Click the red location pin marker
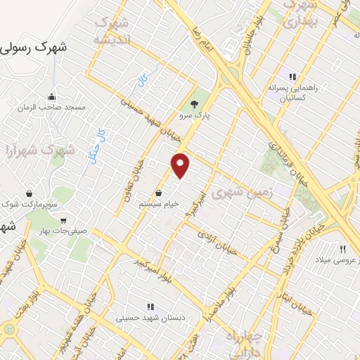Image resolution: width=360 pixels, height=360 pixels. (x=181, y=165)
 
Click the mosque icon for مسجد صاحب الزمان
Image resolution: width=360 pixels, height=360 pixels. (x=51, y=97)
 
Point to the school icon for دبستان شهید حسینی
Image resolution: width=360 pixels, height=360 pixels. (x=150, y=307)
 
